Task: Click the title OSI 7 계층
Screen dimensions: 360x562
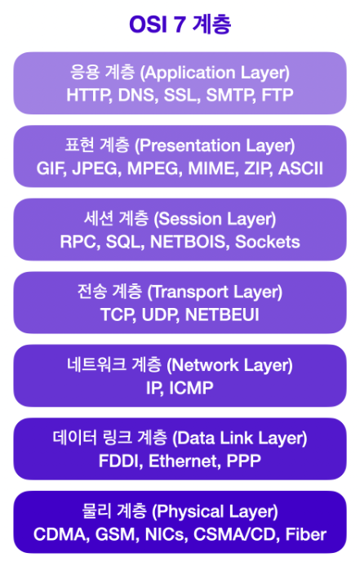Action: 180,25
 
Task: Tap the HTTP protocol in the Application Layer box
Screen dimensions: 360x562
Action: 88,95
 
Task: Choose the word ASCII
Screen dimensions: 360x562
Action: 301,168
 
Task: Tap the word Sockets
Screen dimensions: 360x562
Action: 268,242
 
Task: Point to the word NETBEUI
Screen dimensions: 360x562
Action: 222,314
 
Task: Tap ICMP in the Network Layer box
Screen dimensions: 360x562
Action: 191,388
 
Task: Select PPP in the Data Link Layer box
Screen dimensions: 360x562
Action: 244,461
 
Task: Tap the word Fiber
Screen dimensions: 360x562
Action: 306,534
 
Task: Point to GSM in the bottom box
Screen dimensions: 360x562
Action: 117,534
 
